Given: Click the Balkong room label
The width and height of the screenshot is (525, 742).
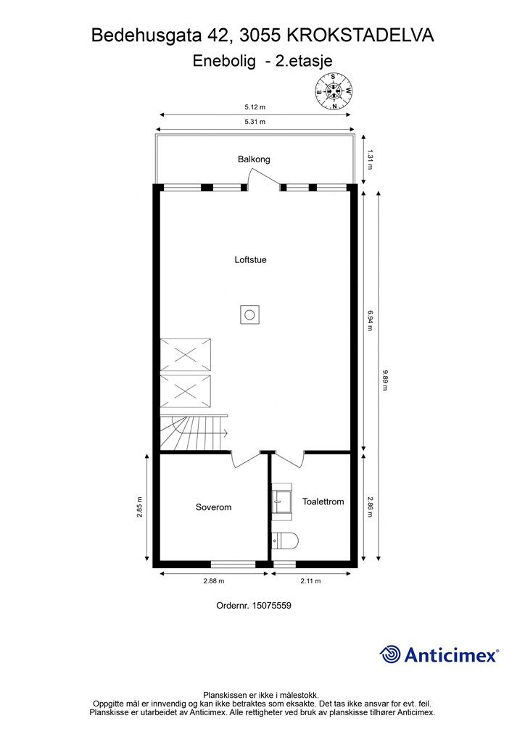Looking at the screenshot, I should pos(254,159).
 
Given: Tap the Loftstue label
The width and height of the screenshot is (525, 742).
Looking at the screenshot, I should pos(250,259).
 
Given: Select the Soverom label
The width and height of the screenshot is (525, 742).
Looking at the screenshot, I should pos(213,507).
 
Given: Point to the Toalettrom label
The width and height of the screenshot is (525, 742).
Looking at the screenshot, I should pos(323,501).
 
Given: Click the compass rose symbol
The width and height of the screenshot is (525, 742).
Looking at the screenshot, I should pos(334,91).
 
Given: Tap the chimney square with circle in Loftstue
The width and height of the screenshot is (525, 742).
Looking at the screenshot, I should pos(249,315).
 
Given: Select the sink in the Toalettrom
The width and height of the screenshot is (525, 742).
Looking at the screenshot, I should pos(281,499).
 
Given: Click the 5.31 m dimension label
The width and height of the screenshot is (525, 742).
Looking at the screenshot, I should pos(255,122).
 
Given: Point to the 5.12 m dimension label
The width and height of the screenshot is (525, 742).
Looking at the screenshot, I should pos(255,107).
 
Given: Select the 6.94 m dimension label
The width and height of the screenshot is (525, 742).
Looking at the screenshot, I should pos(370,320).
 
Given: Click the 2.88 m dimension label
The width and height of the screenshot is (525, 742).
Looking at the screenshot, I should pos(213,581).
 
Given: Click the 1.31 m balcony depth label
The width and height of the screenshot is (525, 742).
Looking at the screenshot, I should pos(370,159).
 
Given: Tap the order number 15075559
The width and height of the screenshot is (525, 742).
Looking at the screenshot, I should pos(273,606).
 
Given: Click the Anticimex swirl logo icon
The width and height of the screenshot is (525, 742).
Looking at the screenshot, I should pos(391,654).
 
